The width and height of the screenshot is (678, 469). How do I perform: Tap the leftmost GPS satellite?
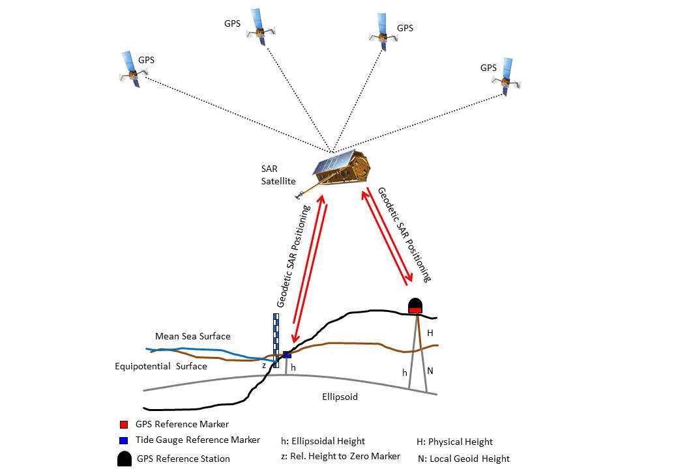131,70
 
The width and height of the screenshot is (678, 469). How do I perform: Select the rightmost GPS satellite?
507,77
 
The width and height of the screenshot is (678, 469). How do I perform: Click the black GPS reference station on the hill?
415,306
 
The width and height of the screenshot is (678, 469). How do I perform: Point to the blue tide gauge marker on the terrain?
287,355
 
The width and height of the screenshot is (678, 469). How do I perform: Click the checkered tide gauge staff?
276,341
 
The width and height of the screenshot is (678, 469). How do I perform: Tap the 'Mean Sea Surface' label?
193,336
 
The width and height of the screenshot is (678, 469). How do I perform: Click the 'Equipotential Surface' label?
161,366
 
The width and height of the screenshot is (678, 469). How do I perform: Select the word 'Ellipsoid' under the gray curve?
340,397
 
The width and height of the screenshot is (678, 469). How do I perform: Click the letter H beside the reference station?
430,333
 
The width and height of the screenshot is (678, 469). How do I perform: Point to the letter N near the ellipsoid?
430,371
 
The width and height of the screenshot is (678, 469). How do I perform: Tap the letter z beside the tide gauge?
264,366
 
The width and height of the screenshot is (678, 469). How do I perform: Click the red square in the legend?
124,424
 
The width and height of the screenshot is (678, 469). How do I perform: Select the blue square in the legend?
124,440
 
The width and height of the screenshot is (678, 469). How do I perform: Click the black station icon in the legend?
124,459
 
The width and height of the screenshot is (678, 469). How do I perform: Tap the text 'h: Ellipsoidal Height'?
323,442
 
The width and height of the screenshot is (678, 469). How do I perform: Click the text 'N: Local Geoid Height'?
464,459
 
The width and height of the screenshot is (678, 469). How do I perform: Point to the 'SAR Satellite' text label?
278,175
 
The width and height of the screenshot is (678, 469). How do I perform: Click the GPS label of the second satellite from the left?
232,23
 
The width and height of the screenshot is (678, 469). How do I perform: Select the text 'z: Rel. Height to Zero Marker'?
341,457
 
